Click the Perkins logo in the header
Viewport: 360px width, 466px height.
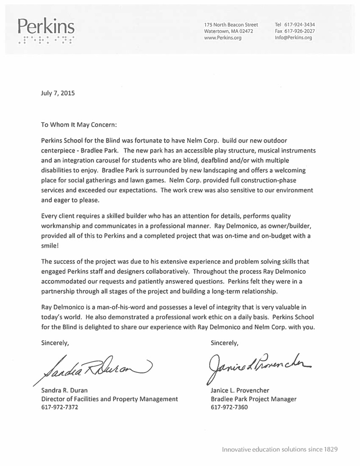pyautogui.click(x=45, y=30)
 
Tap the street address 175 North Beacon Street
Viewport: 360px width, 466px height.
pyautogui.click(x=231, y=24)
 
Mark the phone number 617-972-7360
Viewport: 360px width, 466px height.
pyautogui.click(x=229, y=407)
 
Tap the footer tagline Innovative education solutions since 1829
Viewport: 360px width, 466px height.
pyautogui.click(x=279, y=449)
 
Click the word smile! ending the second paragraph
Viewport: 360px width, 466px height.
pyautogui.click(x=49, y=246)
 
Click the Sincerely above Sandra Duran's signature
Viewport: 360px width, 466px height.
pyautogui.click(x=55, y=343)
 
